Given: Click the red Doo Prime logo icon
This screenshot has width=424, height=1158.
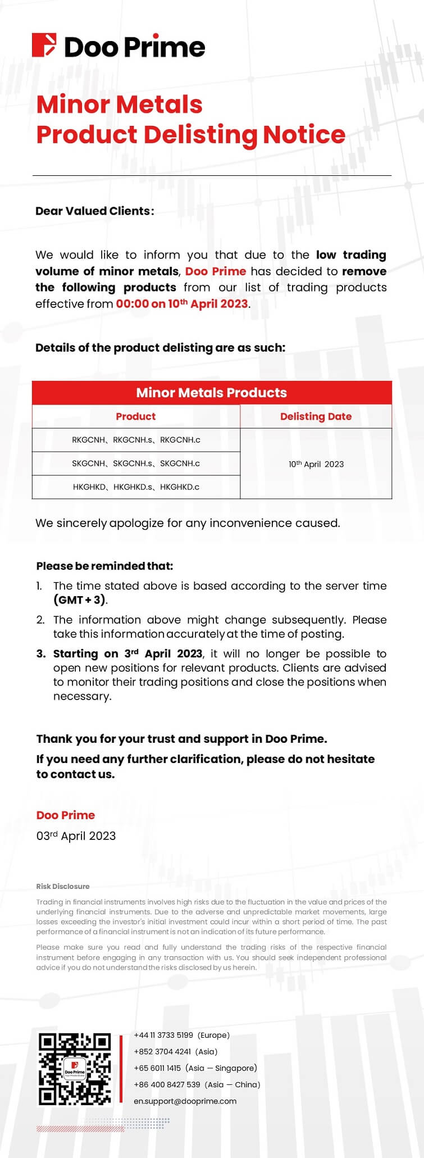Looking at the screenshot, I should coord(44,46).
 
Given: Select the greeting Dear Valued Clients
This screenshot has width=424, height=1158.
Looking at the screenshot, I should coord(94,211).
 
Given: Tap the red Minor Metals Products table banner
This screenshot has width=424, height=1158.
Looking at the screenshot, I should coord(212,393).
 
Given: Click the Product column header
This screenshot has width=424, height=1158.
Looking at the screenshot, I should coord(135,416).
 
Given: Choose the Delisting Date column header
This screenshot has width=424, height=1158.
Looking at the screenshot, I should coord(316,416).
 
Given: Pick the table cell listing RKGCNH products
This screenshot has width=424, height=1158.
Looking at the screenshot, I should coord(136,440).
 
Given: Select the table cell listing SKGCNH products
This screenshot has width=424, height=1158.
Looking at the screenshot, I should coord(136,464).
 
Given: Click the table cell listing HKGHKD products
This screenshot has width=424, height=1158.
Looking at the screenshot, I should coord(136,487).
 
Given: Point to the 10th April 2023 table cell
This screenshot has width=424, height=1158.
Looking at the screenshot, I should coord(316,464).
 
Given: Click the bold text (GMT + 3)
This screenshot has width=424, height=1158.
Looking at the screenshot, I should coord(79,600).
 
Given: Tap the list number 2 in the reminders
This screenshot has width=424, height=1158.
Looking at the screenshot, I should coord(40,620).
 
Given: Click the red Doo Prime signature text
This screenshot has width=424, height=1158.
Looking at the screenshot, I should coord(66,815).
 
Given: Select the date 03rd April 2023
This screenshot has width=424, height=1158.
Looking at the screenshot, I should coord(76,836).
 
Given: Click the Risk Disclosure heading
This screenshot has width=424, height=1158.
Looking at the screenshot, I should coord(63,886).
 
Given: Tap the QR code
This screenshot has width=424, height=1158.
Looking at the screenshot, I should coord(75,1069).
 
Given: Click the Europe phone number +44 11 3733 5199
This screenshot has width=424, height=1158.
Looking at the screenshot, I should coord(163,1035).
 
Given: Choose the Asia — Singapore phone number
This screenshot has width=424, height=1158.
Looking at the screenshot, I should coord(157,1068).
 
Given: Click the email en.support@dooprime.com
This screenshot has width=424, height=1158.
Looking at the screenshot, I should coord(185,1101).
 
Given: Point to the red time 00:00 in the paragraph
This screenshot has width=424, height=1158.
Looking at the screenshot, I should coord(131,304).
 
